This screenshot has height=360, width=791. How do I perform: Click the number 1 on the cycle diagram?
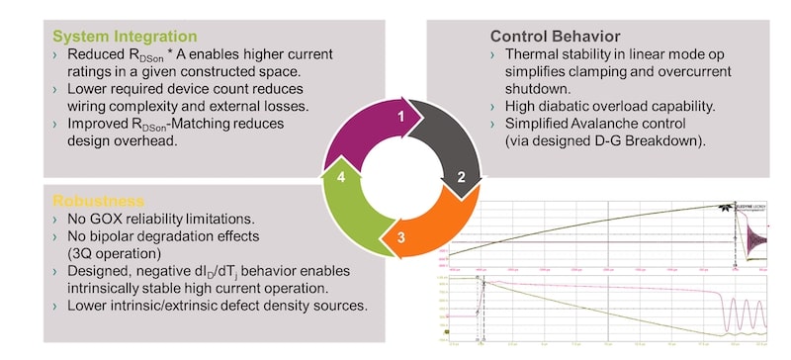pyautogui.click(x=400, y=117)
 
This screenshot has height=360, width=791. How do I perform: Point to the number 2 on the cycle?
pyautogui.click(x=459, y=178)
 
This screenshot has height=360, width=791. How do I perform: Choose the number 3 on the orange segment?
pyautogui.click(x=400, y=237)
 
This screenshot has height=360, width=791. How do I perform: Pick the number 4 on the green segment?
pyautogui.click(x=341, y=178)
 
